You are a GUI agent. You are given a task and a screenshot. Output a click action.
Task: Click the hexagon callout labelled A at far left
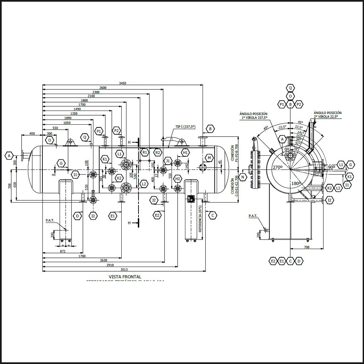9,155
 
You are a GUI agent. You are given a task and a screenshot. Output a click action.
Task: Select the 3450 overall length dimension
122,83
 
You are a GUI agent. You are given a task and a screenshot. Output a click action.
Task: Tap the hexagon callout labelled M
209,158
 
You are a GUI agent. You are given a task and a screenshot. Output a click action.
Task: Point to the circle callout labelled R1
145,152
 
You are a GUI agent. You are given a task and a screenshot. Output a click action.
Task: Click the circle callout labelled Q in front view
85,137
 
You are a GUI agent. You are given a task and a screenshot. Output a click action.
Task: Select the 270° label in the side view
278,168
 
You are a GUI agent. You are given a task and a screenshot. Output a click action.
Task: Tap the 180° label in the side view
296,183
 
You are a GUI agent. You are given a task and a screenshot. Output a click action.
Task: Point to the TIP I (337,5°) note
185,127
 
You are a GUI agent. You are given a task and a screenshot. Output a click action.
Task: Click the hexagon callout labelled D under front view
78,216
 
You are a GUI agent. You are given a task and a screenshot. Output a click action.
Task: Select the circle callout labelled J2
154,200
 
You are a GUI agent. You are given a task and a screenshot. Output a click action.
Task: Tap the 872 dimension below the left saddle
63,251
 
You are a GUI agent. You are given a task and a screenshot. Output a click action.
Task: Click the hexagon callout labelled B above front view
210,129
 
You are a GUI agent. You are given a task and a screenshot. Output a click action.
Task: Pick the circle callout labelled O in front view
50,140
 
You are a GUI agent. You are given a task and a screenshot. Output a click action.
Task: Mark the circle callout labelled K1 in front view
105,159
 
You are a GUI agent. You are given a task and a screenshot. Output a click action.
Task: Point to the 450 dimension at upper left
32,133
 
